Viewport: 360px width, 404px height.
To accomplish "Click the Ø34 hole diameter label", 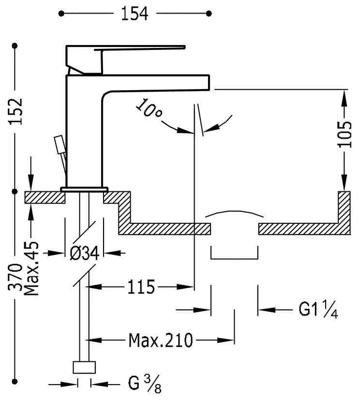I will (85, 253).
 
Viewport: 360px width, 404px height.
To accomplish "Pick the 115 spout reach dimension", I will (141, 287).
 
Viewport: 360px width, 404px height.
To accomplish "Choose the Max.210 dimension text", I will (160, 340).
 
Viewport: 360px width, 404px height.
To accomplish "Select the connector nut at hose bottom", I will (84, 367).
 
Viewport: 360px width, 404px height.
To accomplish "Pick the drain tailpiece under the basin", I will (234, 254).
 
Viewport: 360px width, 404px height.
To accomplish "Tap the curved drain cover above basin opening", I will (235, 213).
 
